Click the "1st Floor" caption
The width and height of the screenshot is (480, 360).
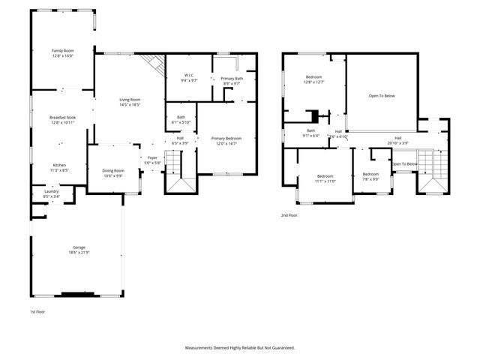[x=38, y=311]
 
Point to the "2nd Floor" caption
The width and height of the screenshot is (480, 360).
[x=289, y=215]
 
